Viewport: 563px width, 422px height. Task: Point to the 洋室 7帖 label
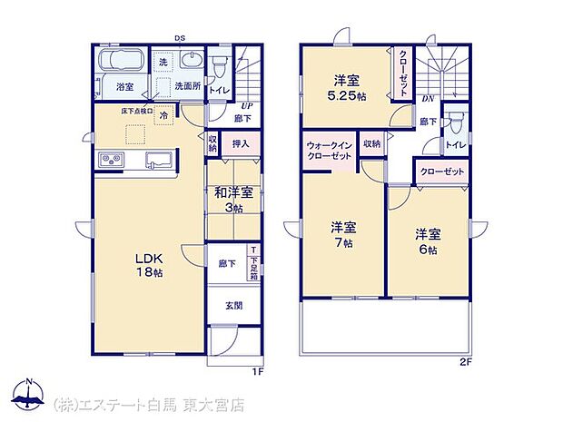[342, 235]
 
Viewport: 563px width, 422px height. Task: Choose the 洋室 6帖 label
[426, 240]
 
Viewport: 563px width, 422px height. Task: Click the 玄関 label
[233, 305]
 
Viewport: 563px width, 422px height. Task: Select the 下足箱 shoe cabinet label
[253, 265]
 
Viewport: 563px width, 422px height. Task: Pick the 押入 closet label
[241, 143]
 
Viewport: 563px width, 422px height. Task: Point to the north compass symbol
[29, 395]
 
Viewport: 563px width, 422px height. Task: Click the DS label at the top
[181, 38]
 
